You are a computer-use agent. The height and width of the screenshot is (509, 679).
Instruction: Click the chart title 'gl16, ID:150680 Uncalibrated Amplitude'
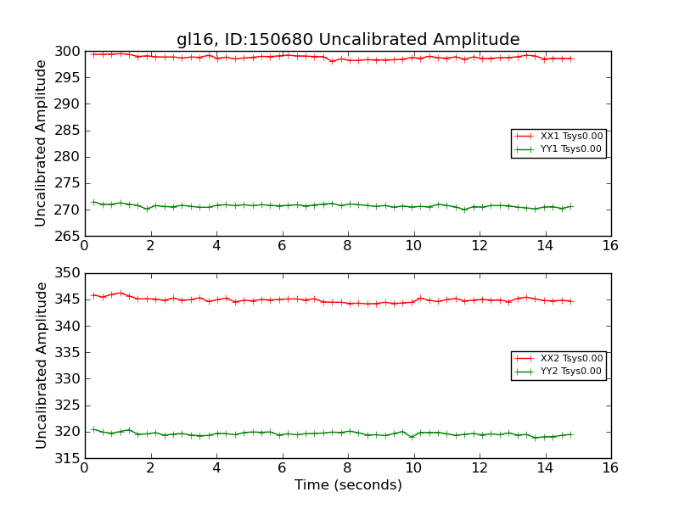(x=348, y=40)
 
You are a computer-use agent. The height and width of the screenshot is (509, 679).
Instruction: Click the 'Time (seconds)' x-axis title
(x=348, y=485)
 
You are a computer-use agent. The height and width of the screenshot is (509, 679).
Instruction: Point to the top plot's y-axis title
(x=41, y=143)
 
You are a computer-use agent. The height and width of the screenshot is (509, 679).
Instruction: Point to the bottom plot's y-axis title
(x=41, y=366)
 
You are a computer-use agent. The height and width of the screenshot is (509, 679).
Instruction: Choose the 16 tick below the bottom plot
(x=610, y=468)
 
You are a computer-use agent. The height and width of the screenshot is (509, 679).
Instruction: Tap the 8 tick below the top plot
(x=347, y=246)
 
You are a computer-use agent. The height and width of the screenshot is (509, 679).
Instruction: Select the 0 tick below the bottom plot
(x=85, y=468)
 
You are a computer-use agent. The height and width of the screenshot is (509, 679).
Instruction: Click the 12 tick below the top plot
(x=479, y=246)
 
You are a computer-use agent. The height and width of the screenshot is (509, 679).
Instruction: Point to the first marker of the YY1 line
(x=93, y=202)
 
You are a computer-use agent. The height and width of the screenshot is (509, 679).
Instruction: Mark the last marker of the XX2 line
(x=570, y=301)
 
